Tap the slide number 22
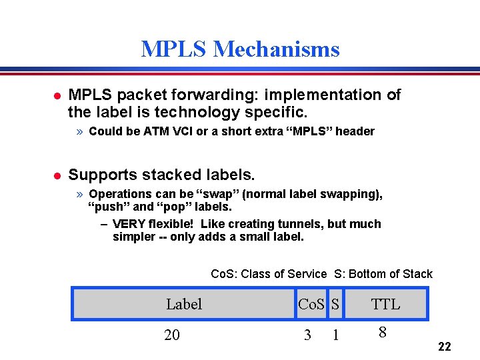point(445,347)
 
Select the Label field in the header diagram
point(184,305)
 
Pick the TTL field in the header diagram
point(385,305)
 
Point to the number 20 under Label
point(172,335)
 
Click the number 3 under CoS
point(307,335)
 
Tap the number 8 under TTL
point(382,332)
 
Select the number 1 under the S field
point(335,335)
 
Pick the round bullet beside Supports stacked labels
point(57,176)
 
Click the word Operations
point(119,194)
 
